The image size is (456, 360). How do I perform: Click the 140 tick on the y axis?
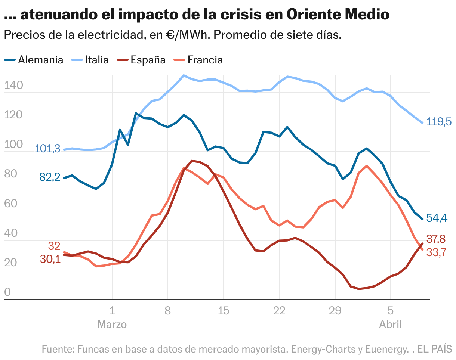coord(13,86)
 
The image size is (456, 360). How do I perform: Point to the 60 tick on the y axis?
coord(13,204)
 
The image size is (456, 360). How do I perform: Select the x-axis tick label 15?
coord(223,311)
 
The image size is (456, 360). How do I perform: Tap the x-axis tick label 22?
coord(279,311)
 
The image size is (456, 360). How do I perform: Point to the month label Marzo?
coord(112,324)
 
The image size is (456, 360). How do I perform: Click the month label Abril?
coord(390,324)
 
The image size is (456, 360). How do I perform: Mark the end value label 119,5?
coord(439,122)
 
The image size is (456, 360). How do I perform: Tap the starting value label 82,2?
coord(50,177)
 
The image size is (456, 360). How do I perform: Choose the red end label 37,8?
coord(437,239)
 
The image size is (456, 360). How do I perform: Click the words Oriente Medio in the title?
coord(339,15)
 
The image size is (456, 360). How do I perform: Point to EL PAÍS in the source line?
coord(435,350)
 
